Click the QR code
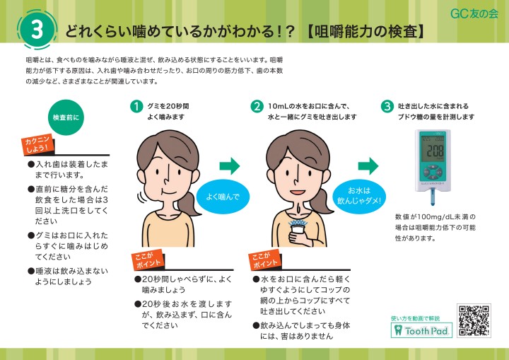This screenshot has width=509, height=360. click(x=474, y=320)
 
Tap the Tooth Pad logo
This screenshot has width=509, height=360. click(x=421, y=330)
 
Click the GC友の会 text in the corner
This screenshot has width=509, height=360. click(x=474, y=13)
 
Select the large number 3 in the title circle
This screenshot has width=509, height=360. click(x=37, y=30)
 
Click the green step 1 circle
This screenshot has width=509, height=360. click(x=136, y=106)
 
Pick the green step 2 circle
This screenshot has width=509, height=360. click(x=257, y=106)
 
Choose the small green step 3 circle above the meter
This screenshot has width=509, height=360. click(x=387, y=106)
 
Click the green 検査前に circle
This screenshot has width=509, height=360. click(x=66, y=117)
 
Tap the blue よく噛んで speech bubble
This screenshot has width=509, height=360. click(x=223, y=196)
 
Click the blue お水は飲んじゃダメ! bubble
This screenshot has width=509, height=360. click(x=358, y=196)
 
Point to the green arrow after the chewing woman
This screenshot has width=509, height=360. click(x=230, y=166)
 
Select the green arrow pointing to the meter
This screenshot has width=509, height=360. click(x=368, y=166)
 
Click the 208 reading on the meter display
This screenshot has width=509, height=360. click(x=435, y=151)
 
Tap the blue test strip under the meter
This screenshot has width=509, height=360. click(x=433, y=197)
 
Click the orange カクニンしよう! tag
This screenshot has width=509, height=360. click(x=37, y=144)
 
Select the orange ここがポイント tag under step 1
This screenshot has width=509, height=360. click(x=147, y=260)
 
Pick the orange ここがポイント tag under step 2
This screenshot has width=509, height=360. click(x=264, y=260)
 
